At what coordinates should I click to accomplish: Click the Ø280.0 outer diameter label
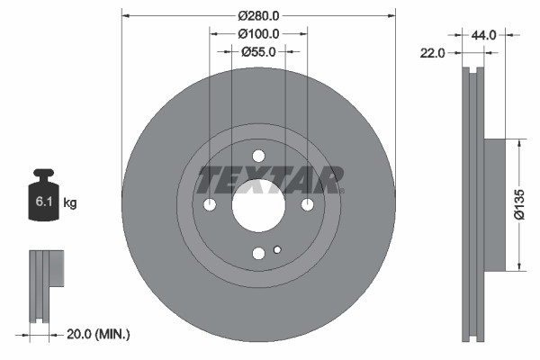click(x=258, y=15)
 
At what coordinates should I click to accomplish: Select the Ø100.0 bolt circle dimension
click(x=258, y=33)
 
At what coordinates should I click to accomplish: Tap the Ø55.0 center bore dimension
click(x=258, y=51)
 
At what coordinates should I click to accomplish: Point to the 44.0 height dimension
click(x=483, y=35)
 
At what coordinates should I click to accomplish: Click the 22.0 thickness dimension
click(x=434, y=53)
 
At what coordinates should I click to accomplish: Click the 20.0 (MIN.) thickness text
click(x=99, y=334)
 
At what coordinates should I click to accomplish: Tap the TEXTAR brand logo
click(x=271, y=179)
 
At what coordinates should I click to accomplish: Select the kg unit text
click(x=70, y=203)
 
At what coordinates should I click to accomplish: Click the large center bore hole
click(x=258, y=204)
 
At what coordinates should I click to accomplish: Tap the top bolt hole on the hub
click(x=258, y=156)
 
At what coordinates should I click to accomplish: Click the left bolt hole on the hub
click(x=210, y=205)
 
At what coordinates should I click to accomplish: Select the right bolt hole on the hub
click(x=307, y=205)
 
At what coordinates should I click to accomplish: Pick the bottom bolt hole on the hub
click(x=258, y=254)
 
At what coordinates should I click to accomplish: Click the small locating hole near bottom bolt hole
click(x=277, y=250)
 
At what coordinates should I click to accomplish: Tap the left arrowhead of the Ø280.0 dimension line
click(x=125, y=15)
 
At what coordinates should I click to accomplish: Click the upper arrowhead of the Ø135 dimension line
click(x=520, y=142)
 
